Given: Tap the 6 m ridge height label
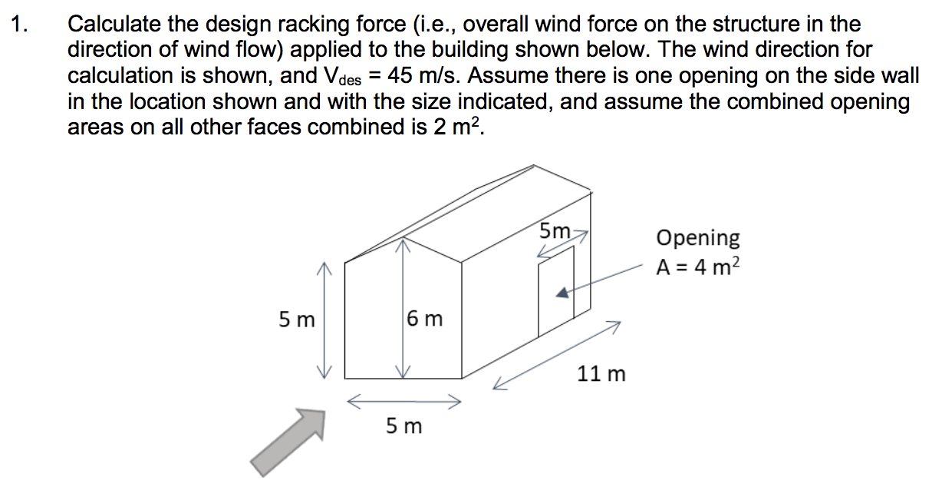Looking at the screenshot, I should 425,317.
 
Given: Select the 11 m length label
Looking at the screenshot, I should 601,374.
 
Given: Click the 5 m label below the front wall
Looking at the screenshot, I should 403,426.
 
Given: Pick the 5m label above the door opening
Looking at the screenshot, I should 555,230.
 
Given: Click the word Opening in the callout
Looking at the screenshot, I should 698,238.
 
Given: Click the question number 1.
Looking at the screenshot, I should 21,25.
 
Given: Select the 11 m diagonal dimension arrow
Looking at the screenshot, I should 556,354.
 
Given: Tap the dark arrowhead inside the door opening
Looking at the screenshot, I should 563,293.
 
